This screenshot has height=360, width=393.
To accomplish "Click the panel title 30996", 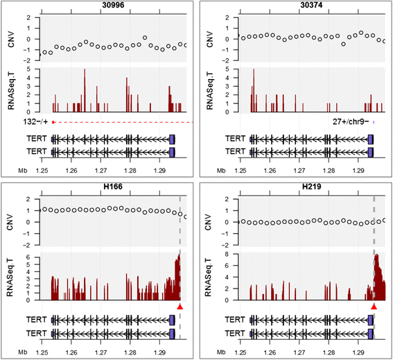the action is [113, 5].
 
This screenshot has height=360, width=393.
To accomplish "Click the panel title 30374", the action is [311, 5].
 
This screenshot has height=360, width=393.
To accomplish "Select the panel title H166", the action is [113, 187].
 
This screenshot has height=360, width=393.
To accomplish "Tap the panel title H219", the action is [311, 187].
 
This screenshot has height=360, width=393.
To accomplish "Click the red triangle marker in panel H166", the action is [180, 307].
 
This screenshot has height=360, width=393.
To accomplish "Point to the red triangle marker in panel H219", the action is [374, 307].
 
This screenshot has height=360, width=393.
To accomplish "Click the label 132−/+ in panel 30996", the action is [35, 122].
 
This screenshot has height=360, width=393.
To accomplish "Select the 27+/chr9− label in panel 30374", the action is [351, 122].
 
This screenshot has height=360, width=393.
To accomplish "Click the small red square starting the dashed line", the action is [53, 122].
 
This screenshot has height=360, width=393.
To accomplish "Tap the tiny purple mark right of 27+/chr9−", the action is [374, 122].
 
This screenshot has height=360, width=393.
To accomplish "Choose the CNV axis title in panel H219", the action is [208, 222].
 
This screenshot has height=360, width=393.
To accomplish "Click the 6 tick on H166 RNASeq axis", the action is [35, 257].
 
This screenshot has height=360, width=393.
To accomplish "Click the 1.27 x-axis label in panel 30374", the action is [299, 171].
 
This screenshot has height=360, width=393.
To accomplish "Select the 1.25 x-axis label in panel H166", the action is [42, 352].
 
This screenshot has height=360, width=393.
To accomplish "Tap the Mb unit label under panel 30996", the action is [23, 171].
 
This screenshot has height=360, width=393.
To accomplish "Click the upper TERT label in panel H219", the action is [234, 320].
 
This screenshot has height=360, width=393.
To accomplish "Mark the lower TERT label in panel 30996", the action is [37, 152].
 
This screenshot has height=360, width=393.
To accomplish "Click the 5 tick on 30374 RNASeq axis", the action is [234, 69].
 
